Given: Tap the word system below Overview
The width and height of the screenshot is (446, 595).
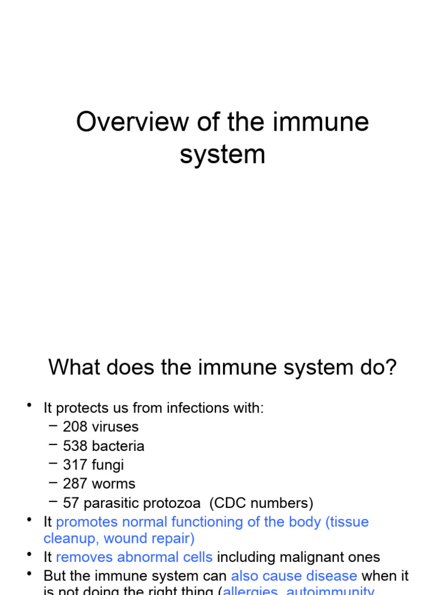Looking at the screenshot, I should click(222, 155).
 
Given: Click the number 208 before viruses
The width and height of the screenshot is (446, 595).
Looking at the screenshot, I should click(75, 427).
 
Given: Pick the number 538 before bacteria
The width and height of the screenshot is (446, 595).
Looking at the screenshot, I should click(75, 446).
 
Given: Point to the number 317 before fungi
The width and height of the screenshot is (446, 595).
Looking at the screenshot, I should click(75, 465).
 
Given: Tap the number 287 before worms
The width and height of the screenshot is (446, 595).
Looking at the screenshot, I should click(75, 484).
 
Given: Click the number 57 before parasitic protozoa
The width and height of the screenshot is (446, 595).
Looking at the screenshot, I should click(71, 503).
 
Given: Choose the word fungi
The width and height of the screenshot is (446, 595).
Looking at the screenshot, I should click(107, 465).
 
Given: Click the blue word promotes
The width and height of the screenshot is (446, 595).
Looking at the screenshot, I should click(85, 522).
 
